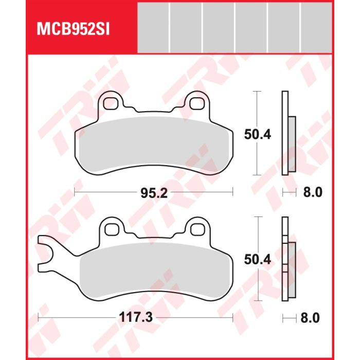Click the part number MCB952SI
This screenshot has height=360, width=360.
point(73,29)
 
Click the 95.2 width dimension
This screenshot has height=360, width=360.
point(154,193)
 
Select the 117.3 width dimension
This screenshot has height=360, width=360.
point(136,318)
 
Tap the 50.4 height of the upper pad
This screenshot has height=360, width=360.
point(257,134)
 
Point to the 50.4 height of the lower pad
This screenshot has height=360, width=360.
point(257,260)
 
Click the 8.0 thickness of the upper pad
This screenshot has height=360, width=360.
point(313,192)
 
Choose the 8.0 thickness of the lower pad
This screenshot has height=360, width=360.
point(310,318)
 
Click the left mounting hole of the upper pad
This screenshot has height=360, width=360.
point(111,103)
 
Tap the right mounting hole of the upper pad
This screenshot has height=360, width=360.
point(197,103)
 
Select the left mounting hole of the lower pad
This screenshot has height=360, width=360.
point(112,229)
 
